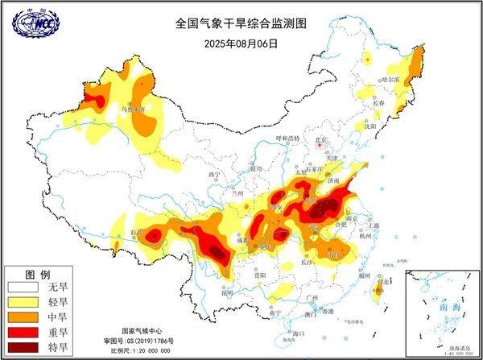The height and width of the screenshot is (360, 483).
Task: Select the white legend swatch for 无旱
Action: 23,286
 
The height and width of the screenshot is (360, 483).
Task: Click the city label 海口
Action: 298,333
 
